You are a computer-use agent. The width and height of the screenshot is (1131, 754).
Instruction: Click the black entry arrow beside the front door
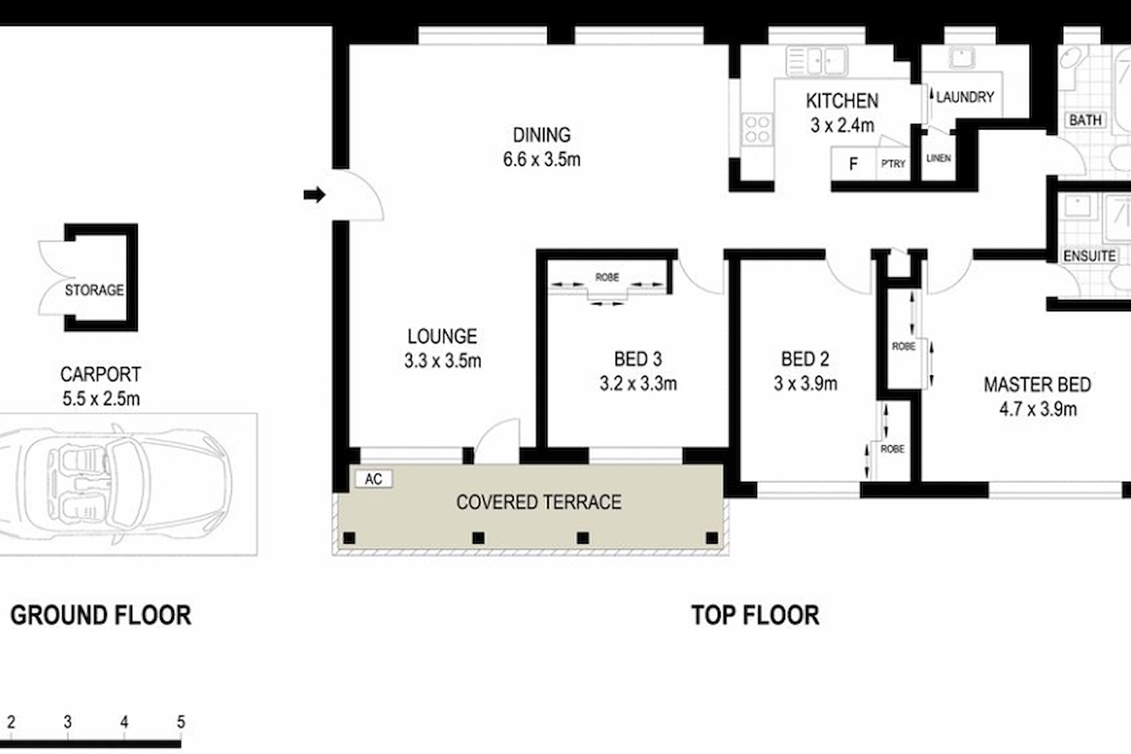tap(315, 194)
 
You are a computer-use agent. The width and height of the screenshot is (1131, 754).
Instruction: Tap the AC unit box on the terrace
tap(373, 479)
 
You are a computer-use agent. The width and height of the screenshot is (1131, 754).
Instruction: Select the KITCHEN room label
tap(842, 101)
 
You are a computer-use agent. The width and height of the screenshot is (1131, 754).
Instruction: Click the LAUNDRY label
tap(965, 97)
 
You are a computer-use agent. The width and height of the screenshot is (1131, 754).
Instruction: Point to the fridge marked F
tap(853, 164)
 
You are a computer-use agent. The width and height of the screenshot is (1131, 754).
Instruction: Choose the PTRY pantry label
tap(893, 164)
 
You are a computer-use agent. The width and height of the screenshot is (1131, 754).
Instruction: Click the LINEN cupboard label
tap(938, 158)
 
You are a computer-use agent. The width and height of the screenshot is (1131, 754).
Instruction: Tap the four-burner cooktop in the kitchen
tap(757, 129)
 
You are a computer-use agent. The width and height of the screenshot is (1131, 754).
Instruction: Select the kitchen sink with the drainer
tap(816, 61)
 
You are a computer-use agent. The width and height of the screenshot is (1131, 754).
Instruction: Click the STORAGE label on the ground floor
tap(94, 290)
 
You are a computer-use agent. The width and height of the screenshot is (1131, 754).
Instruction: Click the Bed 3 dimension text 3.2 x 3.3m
tap(638, 383)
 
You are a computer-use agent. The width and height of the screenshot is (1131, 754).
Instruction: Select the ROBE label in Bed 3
tap(607, 277)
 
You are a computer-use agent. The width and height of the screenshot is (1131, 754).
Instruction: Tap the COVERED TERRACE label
tap(538, 502)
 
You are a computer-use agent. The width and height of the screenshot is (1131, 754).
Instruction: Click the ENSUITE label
tap(1089, 256)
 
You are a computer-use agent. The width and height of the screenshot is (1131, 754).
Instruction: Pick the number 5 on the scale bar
tap(181, 722)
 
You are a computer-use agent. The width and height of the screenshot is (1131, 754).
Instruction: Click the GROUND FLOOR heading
tap(101, 616)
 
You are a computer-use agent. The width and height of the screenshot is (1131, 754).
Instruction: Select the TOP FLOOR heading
tap(755, 616)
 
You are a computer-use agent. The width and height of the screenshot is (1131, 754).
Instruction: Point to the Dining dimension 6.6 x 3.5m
tap(541, 159)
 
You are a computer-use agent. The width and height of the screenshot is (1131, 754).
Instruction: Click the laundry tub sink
tap(961, 58)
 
